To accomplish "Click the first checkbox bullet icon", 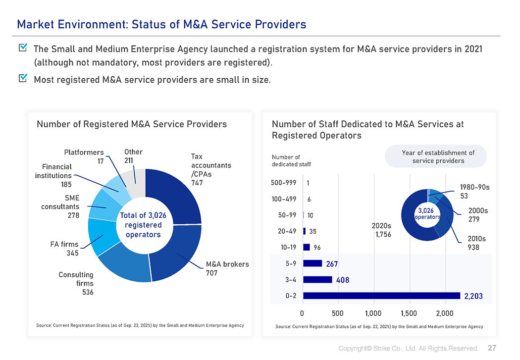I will click(23, 48).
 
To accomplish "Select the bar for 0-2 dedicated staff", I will click(381, 296).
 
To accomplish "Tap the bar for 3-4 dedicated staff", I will click(317, 279).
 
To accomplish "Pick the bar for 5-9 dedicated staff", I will click(312, 263).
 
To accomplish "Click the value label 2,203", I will click(473, 296).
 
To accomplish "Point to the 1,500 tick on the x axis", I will click(409, 313).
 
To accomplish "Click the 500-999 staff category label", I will click(284, 183).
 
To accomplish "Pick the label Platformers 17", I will click(84, 156).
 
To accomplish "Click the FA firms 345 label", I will click(65, 249).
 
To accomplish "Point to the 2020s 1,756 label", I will click(381, 230).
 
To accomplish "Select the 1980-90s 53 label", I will click(474, 192).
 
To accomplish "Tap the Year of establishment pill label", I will click(438, 156).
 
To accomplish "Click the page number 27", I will click(492, 348).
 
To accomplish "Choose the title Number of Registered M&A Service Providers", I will click(132, 124).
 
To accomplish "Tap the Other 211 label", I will click(133, 156).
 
